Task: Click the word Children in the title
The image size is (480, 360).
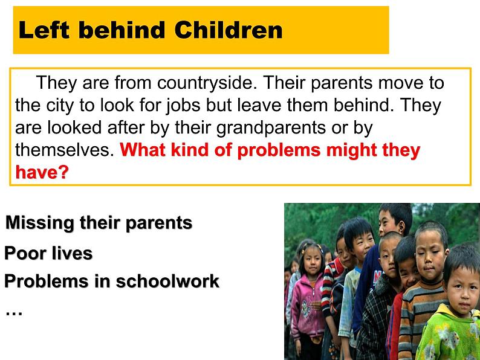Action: [x=229, y=30]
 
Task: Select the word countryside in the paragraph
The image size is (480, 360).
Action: [x=207, y=83]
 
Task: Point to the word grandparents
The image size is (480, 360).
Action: [x=271, y=128]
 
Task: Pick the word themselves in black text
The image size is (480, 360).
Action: [x=65, y=150]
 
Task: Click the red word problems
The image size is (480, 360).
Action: [x=279, y=150]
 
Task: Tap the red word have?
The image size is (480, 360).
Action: [x=42, y=172]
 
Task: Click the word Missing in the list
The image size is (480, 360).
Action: [x=40, y=223]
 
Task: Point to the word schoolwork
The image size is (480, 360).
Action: [x=167, y=281]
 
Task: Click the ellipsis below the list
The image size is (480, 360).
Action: [x=14, y=313]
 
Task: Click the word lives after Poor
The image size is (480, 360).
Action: [x=72, y=253]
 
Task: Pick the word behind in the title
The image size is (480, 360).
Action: [x=122, y=30]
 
